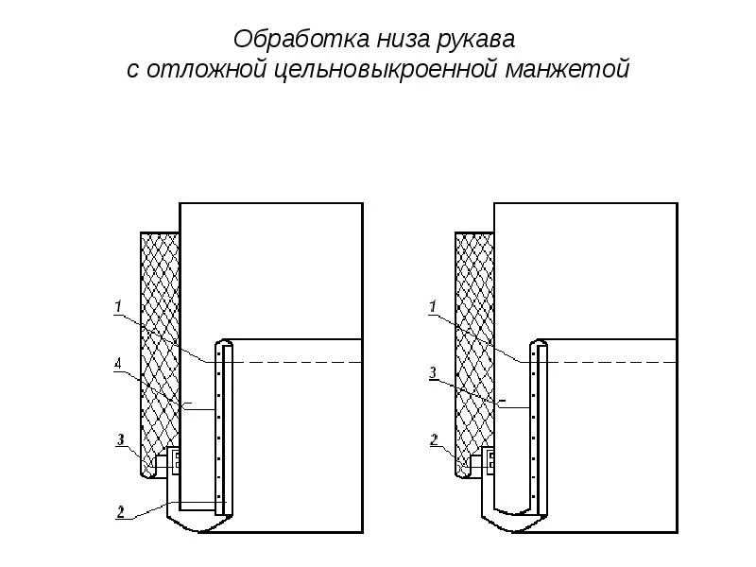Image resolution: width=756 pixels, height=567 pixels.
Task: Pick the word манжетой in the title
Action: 569,70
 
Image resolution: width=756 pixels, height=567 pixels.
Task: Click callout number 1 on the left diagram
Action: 118,305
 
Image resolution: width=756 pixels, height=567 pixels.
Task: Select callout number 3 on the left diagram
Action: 120,438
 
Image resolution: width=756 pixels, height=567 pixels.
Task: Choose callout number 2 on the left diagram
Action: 120,511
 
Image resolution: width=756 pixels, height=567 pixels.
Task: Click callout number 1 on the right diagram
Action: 432,305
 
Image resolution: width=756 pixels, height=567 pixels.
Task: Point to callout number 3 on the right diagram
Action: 432,373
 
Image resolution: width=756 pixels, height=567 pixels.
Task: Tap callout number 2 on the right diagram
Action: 433,438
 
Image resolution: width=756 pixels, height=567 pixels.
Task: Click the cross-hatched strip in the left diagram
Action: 159,350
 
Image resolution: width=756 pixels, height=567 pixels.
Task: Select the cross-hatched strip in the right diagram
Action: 473,350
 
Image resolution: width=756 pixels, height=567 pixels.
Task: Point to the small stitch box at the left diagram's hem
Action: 176,462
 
